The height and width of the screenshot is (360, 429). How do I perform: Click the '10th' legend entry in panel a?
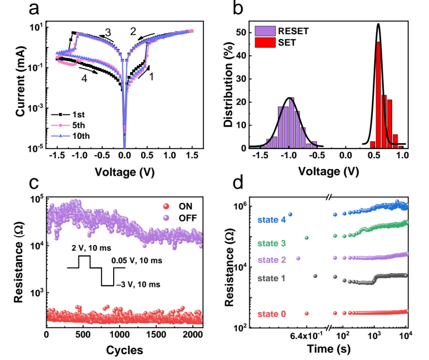(74, 136)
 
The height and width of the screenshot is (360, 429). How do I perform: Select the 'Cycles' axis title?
(124, 350)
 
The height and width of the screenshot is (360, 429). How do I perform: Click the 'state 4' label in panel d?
(271, 219)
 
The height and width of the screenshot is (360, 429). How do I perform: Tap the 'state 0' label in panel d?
(272, 314)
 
